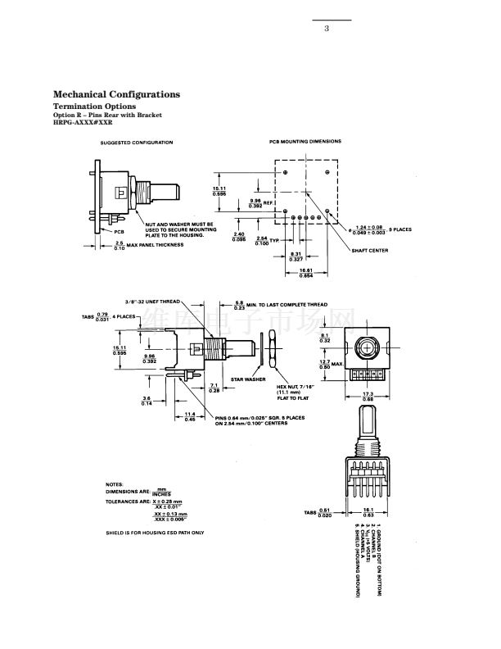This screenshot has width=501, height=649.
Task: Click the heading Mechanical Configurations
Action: click(116, 94)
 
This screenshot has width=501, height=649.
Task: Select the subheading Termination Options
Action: click(94, 107)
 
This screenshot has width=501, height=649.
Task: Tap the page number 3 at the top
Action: click(327, 29)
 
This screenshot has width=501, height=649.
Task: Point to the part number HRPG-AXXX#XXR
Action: click(82, 122)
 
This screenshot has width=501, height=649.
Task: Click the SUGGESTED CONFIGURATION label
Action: click(137, 143)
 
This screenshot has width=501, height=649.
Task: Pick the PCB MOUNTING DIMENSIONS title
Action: click(305, 141)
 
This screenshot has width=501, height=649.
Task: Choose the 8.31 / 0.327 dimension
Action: click(297, 256)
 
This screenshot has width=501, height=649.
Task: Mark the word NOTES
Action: click(115, 484)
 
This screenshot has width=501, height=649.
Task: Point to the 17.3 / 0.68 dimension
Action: click(368, 396)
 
